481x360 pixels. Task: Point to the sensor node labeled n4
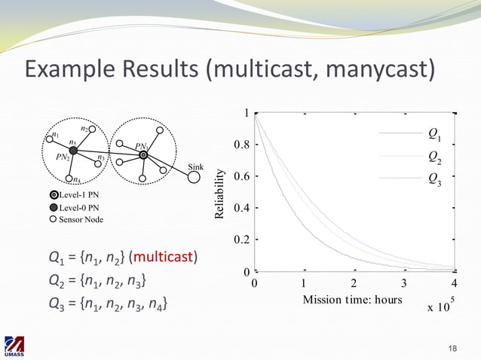(69, 178)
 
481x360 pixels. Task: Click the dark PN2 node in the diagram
(73, 151)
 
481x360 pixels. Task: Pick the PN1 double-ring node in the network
(143, 154)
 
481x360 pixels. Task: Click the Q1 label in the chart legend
(434, 135)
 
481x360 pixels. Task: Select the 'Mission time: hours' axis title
(352, 300)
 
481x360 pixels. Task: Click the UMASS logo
(14, 346)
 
